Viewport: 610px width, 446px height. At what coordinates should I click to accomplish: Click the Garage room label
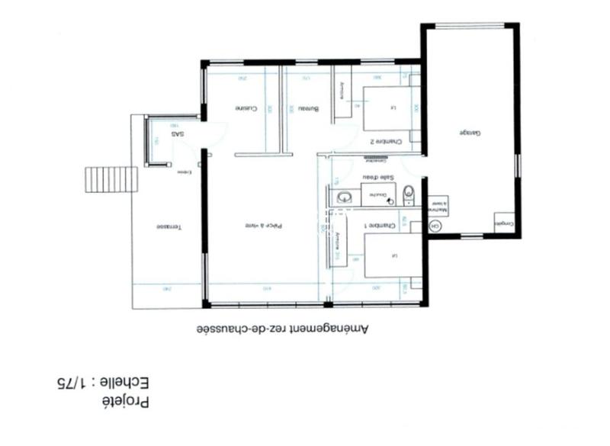point(469,133)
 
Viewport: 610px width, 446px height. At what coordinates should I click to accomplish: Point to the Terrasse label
point(168,226)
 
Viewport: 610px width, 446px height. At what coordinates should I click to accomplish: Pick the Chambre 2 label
point(381,141)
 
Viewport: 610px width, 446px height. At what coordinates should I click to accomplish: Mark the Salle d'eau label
point(379,178)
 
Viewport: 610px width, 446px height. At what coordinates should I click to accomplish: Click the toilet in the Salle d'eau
point(409,193)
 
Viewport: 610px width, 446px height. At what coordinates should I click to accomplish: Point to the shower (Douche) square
point(377,195)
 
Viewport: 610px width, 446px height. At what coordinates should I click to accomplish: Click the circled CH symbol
point(435,226)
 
